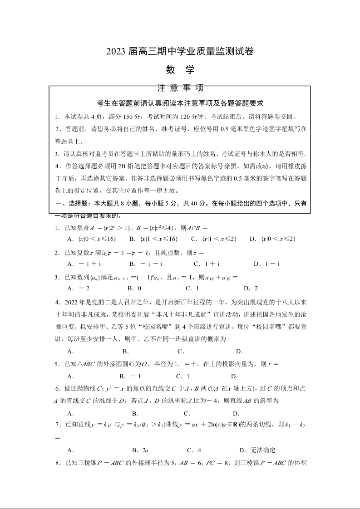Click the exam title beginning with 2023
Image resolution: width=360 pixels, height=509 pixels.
[180, 52]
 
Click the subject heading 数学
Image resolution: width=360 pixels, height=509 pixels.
[180, 70]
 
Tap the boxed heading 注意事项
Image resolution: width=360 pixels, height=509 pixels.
[180, 88]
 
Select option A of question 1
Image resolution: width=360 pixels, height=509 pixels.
[91, 239]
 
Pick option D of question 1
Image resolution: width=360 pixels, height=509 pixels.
[272, 239]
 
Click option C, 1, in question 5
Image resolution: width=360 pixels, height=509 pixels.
[182, 376]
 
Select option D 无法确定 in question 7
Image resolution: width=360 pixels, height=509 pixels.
[257, 450]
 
